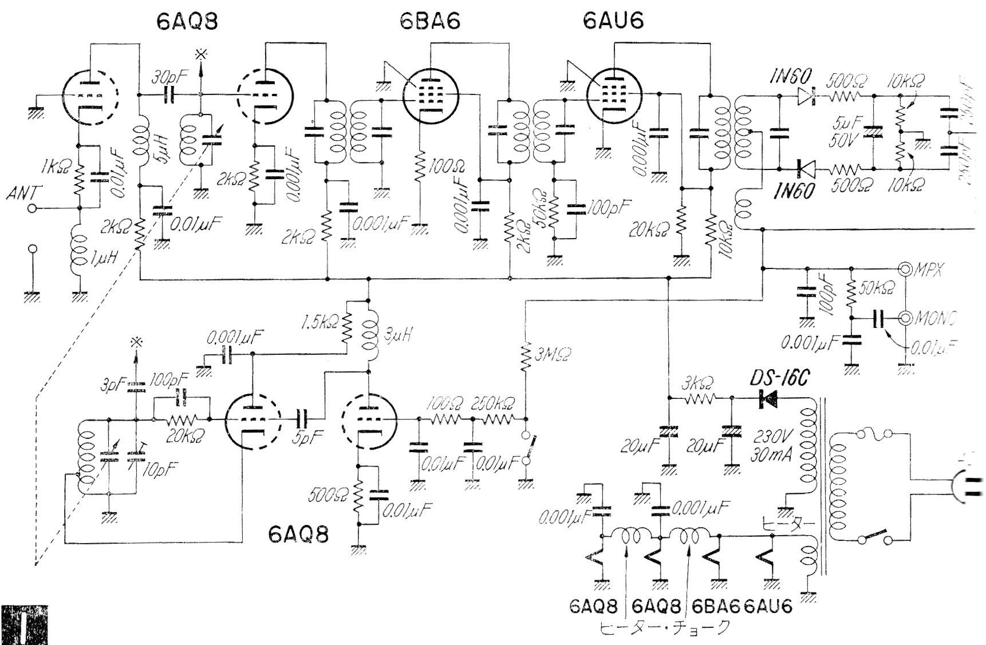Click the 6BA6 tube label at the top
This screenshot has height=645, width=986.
point(431,21)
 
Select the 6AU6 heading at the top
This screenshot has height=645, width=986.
point(613,21)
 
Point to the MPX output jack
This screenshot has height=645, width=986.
point(905,268)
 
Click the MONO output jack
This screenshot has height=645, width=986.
point(905,318)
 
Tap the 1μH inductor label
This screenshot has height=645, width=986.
point(103,259)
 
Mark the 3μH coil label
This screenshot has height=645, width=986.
point(397,335)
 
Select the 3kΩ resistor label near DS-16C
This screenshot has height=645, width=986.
point(696,383)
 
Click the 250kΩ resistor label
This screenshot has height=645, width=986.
point(492,403)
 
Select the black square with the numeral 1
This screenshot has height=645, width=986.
point(24,625)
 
